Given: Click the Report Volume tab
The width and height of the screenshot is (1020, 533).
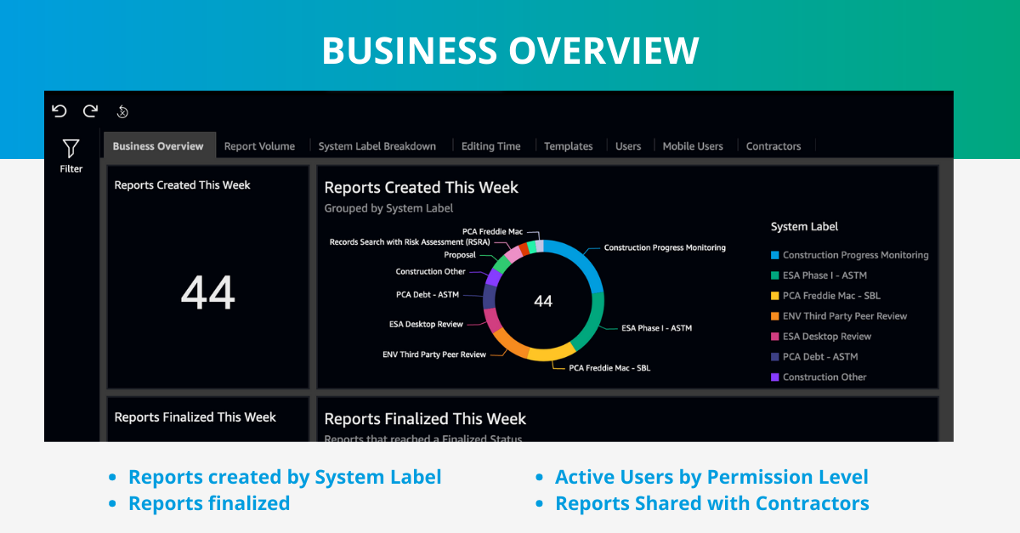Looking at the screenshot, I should pyautogui.click(x=259, y=146).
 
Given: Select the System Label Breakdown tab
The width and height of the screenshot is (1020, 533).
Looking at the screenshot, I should pyautogui.click(x=377, y=146).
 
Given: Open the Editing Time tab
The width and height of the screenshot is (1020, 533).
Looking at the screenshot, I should pyautogui.click(x=490, y=146).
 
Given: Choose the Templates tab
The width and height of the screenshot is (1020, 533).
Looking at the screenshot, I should pyautogui.click(x=568, y=146).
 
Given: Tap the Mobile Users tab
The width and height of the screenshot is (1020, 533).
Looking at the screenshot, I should pyautogui.click(x=693, y=146).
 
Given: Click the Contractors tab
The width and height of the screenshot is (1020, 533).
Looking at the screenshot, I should pyautogui.click(x=773, y=146).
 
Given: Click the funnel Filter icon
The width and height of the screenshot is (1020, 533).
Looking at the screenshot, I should pyautogui.click(x=71, y=150).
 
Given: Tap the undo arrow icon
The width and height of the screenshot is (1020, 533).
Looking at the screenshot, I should pyautogui.click(x=59, y=111).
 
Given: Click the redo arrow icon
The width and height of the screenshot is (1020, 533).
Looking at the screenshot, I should pyautogui.click(x=90, y=111).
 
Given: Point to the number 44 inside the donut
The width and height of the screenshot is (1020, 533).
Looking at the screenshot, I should pyautogui.click(x=543, y=301).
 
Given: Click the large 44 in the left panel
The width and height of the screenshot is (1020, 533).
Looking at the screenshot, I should pyautogui.click(x=208, y=293).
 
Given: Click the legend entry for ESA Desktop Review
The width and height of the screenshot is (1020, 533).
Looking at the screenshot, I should pyautogui.click(x=826, y=337).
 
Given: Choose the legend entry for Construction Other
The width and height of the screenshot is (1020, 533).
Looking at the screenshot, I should pyautogui.click(x=824, y=377).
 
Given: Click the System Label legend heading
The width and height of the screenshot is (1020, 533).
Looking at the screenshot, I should pyautogui.click(x=804, y=227).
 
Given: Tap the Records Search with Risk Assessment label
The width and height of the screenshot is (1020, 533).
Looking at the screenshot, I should pyautogui.click(x=408, y=242).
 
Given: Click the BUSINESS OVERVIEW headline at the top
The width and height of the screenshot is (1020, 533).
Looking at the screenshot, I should pyautogui.click(x=510, y=51).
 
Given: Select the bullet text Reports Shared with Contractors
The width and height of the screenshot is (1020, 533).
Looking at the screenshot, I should pyautogui.click(x=711, y=503).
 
